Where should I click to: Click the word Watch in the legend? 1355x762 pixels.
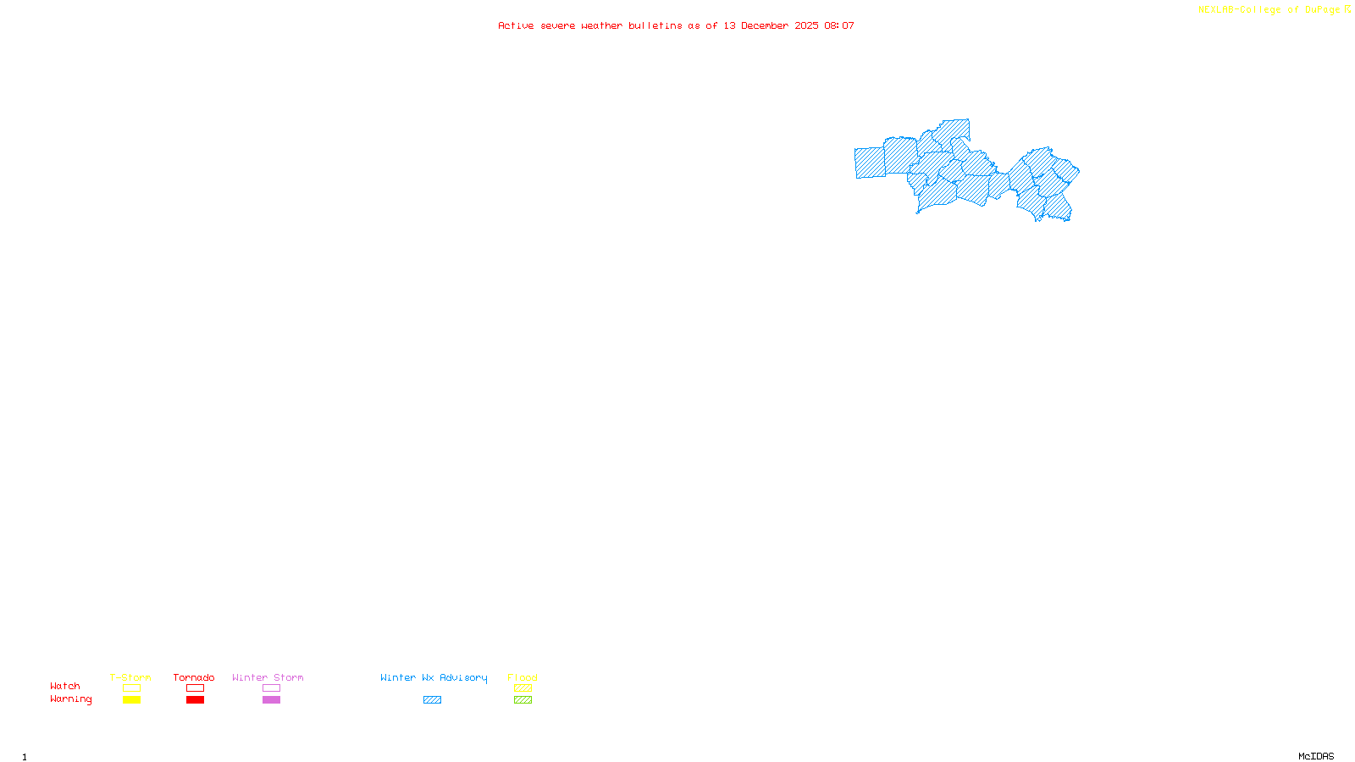click(x=65, y=686)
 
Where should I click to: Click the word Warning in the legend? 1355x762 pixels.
click(x=70, y=699)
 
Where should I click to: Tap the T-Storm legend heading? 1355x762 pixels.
click(x=130, y=677)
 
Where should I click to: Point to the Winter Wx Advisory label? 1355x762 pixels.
click(x=434, y=677)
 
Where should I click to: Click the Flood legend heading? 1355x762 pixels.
click(x=523, y=677)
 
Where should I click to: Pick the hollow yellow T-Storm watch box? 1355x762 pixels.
click(x=131, y=688)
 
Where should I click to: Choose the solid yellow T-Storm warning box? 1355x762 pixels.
click(x=131, y=700)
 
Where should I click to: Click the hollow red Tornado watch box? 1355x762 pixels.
click(x=195, y=688)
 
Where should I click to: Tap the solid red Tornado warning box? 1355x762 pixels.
click(x=195, y=700)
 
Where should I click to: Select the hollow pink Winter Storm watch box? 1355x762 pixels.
click(x=271, y=688)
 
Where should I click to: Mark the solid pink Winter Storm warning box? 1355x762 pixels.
click(x=271, y=700)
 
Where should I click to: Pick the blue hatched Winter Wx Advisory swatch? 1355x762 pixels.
click(x=432, y=700)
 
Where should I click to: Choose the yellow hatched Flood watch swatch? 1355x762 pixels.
click(x=523, y=688)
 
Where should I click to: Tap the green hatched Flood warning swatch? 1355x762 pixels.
click(x=523, y=700)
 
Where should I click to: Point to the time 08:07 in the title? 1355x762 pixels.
click(x=838, y=25)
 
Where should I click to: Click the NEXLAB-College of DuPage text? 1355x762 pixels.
click(x=1269, y=9)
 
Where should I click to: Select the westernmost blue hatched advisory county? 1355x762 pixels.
click(x=870, y=163)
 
